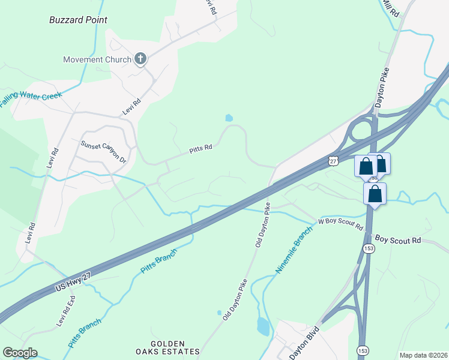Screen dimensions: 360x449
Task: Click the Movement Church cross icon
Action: [140, 58]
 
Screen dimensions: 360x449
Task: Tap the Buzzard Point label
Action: [78, 20]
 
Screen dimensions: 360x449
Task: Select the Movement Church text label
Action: [97, 59]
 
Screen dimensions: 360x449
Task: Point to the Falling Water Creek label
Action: [31, 97]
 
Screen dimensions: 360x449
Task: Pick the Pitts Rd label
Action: [201, 148]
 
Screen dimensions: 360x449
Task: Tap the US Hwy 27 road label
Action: [75, 279]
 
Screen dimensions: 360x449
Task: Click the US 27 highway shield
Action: [334, 160]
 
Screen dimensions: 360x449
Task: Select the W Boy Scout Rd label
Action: [341, 223]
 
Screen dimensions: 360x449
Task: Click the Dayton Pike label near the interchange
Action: [383, 88]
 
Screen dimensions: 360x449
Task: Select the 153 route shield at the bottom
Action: [363, 350]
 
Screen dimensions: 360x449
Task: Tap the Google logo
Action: [20, 353]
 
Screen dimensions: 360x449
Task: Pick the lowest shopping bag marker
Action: [375, 194]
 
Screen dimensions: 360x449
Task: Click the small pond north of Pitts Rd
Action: [229, 118]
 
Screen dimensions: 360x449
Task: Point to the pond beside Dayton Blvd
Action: [263, 326]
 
